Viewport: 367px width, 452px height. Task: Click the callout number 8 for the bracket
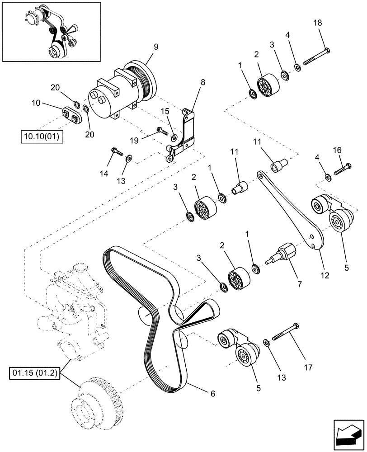tap(202, 82)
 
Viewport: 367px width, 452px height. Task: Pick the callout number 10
tap(36, 104)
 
